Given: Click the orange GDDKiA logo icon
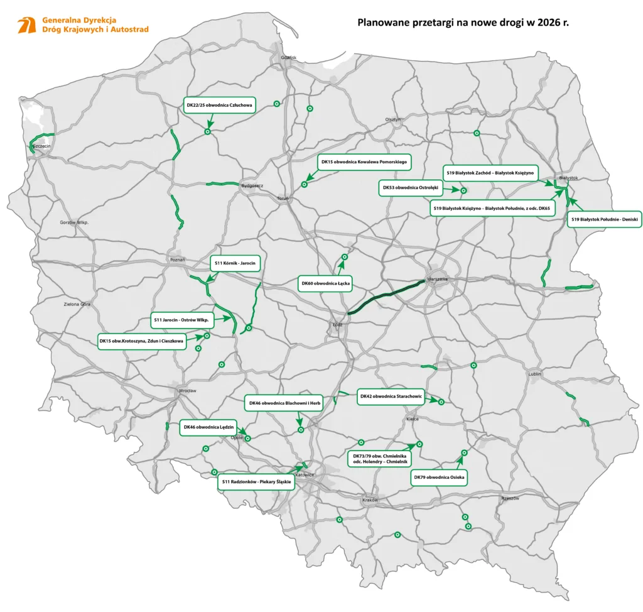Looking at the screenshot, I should (26, 25).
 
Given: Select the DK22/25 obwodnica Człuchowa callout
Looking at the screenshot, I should (219, 106).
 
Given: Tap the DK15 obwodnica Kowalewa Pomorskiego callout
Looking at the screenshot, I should (364, 162).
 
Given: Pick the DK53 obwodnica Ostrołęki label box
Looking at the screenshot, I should (411, 188).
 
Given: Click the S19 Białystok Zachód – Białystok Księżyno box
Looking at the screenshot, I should (489, 172).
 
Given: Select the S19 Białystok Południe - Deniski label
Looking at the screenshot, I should (604, 219).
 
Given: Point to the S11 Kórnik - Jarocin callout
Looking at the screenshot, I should (234, 263).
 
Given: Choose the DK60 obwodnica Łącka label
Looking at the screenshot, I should (325, 284).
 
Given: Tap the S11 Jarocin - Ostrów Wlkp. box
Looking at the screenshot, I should (182, 319).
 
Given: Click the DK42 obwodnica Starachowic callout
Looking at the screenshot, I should (390, 396).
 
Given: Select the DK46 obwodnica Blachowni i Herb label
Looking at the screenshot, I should (283, 403).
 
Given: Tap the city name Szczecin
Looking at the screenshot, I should (41, 146).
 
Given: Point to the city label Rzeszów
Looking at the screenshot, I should (510, 498).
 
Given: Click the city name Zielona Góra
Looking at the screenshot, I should (77, 304).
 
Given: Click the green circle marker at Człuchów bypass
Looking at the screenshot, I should (207, 132).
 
